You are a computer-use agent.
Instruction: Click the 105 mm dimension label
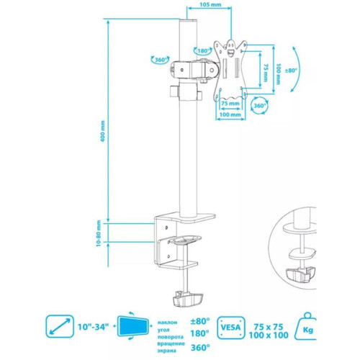[x=210, y=4]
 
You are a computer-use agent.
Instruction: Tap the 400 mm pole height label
[x=103, y=131]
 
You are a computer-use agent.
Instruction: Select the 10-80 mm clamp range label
[x=99, y=234]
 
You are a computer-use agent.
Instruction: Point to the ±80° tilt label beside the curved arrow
[x=291, y=71]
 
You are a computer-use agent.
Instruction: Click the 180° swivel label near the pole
[x=203, y=51]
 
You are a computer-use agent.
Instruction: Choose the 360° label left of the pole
[x=161, y=60]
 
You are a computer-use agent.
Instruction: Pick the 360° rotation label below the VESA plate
[x=260, y=106]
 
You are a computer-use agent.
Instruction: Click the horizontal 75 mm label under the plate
[x=230, y=104]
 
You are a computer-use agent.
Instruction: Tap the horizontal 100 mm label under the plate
[x=230, y=114]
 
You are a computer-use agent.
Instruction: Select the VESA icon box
[x=231, y=328]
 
